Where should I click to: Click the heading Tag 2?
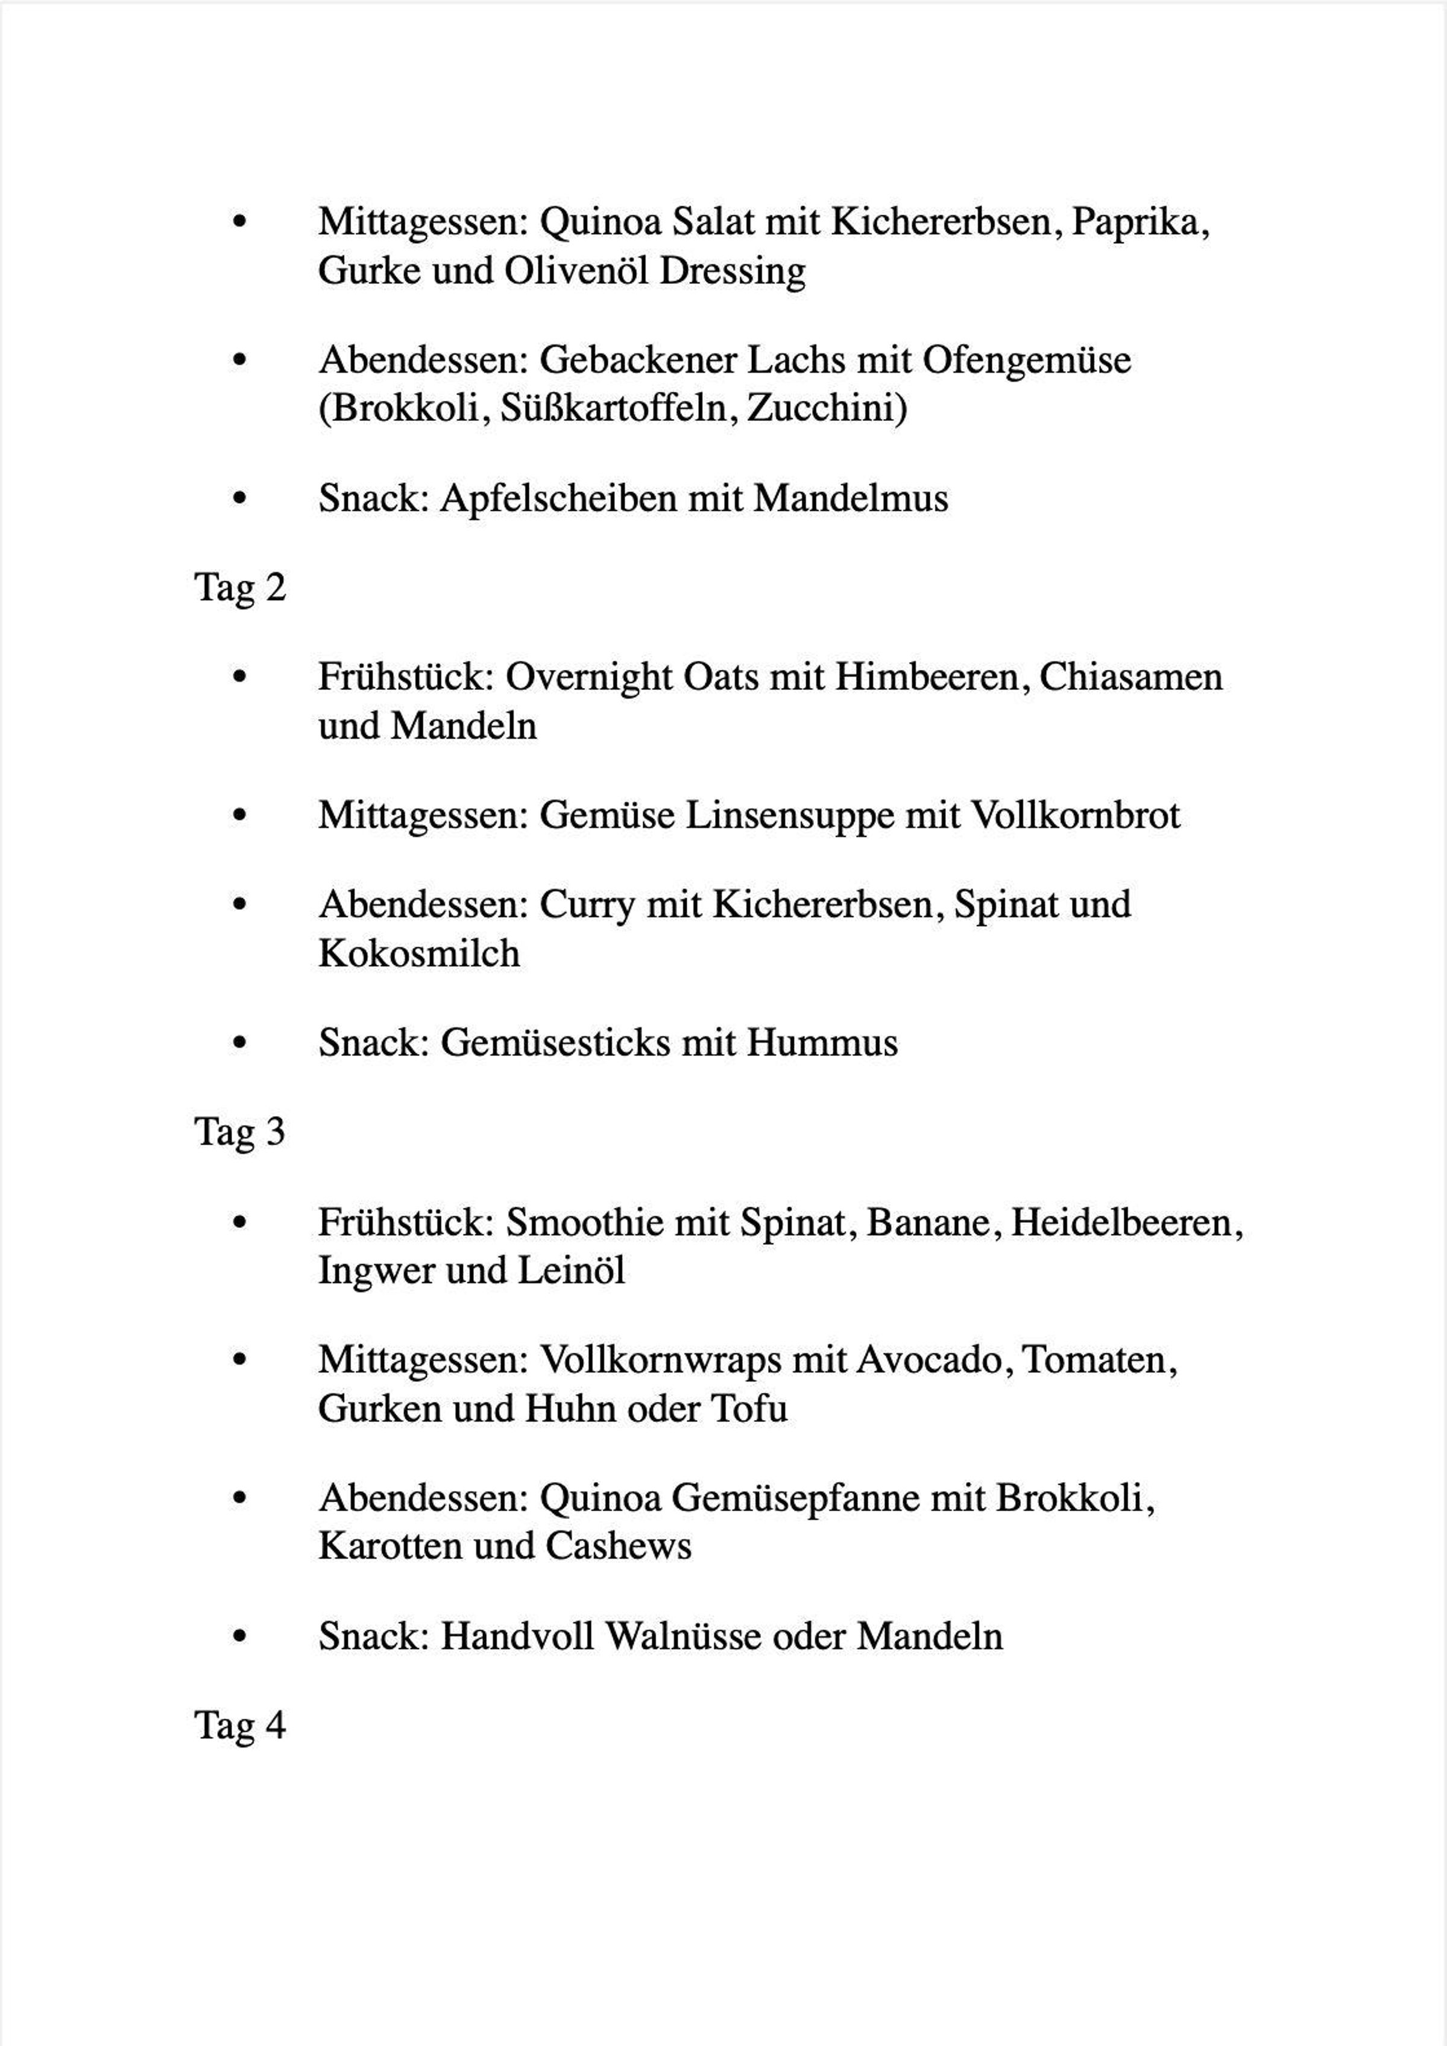240,588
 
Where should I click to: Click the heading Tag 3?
240,1132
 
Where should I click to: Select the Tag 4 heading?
240,1725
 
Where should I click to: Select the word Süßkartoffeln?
614,409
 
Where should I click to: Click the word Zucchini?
825,409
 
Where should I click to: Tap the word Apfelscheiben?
559,498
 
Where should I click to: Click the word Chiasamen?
1130,677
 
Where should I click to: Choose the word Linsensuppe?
789,815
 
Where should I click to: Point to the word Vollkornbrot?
1074,815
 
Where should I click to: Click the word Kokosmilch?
419,953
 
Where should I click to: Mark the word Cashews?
619,1546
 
